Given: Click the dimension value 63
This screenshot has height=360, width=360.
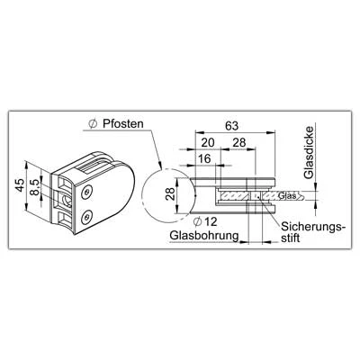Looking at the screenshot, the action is point(231,126).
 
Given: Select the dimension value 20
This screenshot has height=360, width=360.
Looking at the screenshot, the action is point(208,142).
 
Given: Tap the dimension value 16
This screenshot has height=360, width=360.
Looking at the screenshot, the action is point(204,158).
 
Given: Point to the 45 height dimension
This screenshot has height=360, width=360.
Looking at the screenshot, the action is point(20,184).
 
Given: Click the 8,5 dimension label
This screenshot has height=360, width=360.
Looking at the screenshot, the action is point(35,187).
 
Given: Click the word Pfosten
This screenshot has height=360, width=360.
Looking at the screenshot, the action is point(123,123).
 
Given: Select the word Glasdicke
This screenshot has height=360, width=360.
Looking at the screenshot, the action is point(309,153).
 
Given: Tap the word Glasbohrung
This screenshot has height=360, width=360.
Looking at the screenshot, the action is point(204,236).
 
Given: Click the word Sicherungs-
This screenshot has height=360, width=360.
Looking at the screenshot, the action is point(313,227).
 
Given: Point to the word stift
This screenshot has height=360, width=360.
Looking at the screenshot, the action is point(291,238).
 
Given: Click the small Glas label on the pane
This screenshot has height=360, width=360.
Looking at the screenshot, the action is point(287,195).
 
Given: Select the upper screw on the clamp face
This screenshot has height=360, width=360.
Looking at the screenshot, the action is point(87,193).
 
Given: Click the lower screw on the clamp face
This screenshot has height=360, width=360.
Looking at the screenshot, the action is point(87,217).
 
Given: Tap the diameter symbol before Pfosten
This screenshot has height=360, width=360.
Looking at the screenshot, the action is point(93,124).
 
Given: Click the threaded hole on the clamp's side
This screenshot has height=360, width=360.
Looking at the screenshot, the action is point(66,199).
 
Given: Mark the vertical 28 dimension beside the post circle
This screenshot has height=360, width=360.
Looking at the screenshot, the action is point(170,193).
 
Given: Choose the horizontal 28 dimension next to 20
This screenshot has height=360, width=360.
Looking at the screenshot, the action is point(239,142).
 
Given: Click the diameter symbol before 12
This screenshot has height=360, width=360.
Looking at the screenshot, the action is point(197,222).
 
